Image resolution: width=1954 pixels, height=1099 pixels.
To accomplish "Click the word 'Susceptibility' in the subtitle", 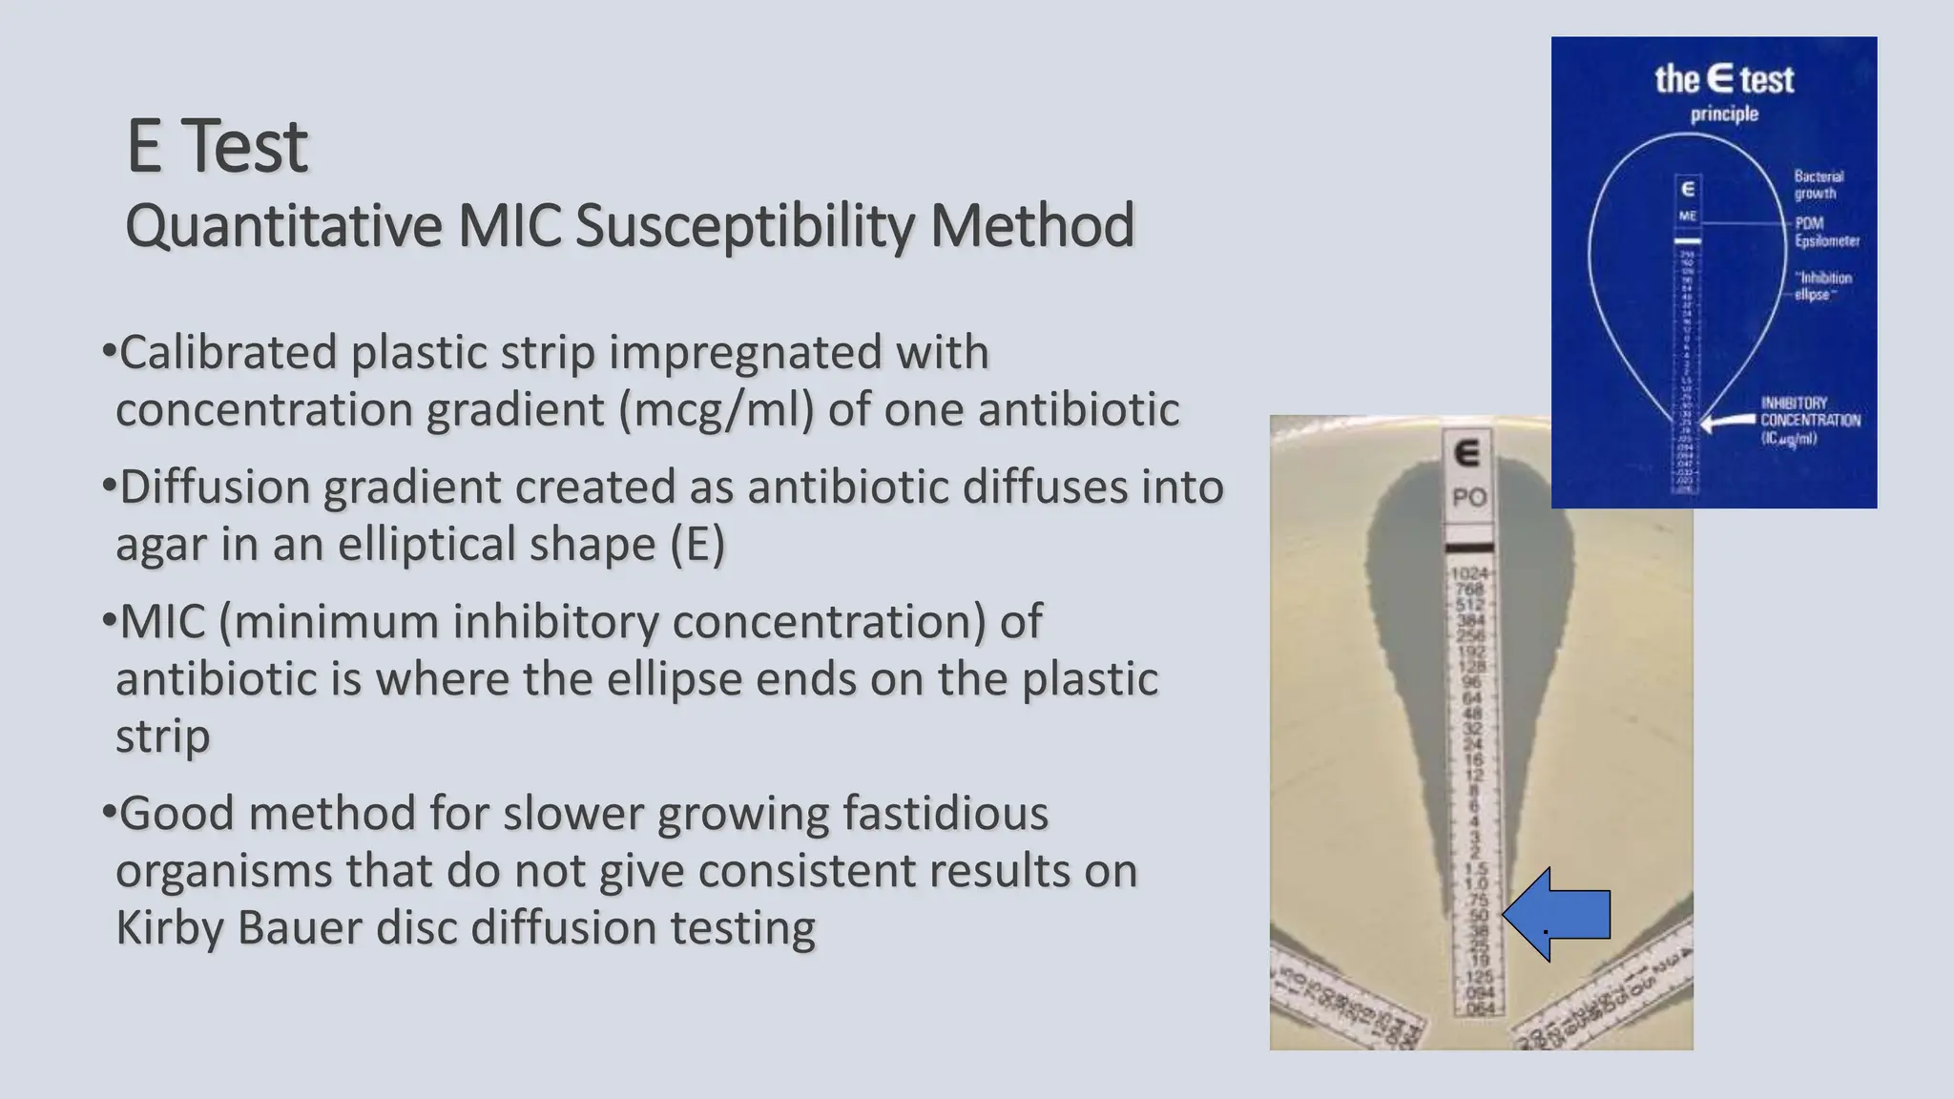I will pyautogui.click(x=743, y=227).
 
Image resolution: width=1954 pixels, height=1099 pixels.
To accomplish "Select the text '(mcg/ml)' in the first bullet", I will pyautogui.click(x=716, y=410).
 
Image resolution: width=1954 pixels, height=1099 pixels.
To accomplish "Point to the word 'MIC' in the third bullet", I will pyautogui.click(x=163, y=622).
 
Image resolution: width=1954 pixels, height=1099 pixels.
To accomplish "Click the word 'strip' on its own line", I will pyautogui.click(x=162, y=736).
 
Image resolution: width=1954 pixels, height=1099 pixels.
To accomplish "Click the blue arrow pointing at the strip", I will pyautogui.click(x=1560, y=914).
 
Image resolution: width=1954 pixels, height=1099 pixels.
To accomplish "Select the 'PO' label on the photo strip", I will pyautogui.click(x=1468, y=498).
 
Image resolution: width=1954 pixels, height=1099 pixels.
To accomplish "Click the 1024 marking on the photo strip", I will pyautogui.click(x=1468, y=573).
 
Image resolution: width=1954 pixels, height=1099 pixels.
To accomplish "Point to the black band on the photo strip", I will pyautogui.click(x=1468, y=548).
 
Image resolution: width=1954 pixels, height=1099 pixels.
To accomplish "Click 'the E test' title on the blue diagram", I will pyautogui.click(x=1723, y=79).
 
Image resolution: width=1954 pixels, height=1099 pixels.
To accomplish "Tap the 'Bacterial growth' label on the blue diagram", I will pyautogui.click(x=1819, y=185).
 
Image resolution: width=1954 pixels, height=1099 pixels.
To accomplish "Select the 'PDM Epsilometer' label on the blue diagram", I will pyautogui.click(x=1826, y=232).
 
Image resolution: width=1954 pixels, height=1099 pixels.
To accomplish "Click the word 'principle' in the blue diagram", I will pyautogui.click(x=1723, y=114).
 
